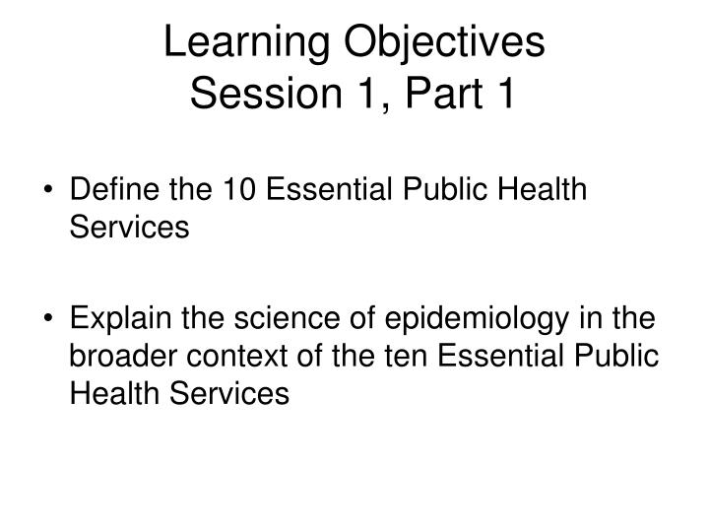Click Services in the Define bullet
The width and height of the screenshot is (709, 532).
[128, 226]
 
